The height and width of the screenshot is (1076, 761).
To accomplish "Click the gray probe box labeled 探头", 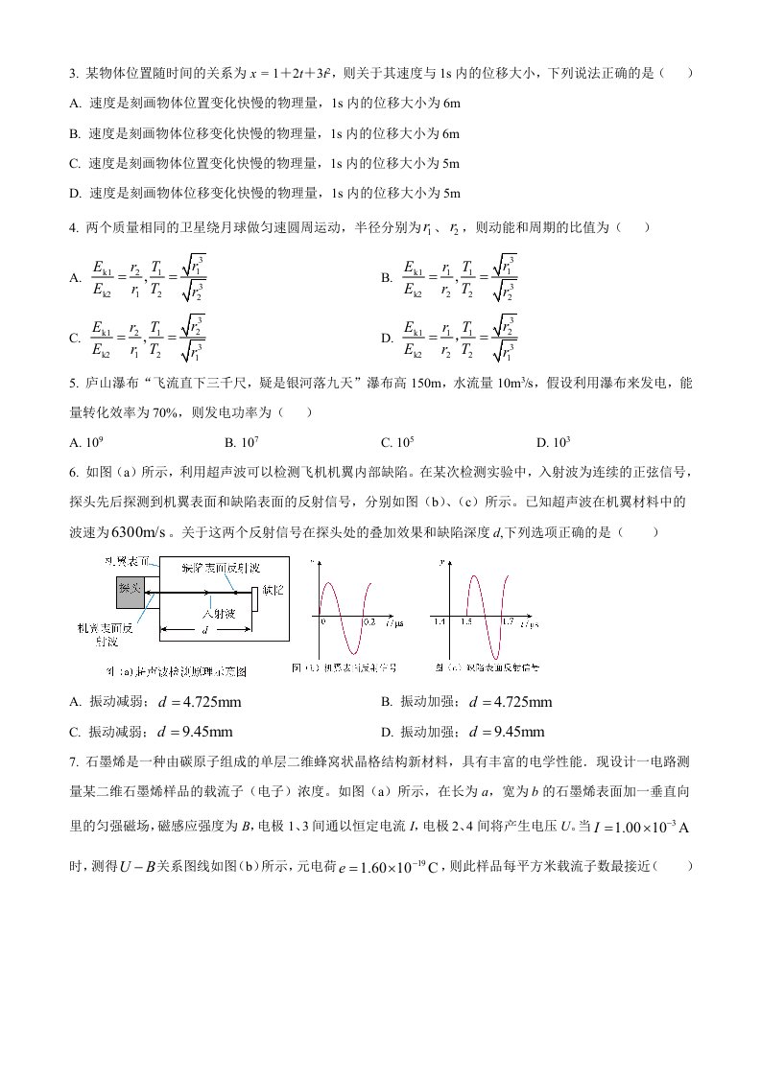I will tap(130, 588).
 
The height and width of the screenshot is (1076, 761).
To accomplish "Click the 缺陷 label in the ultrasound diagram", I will tap(273, 590).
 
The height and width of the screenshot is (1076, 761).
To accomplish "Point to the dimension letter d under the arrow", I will tap(203, 630).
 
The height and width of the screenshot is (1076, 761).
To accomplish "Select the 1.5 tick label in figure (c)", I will tap(466, 622).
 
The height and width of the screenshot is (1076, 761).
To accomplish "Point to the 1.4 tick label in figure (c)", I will tap(440, 622).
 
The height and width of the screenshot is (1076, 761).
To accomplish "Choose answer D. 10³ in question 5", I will tap(554, 442).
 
